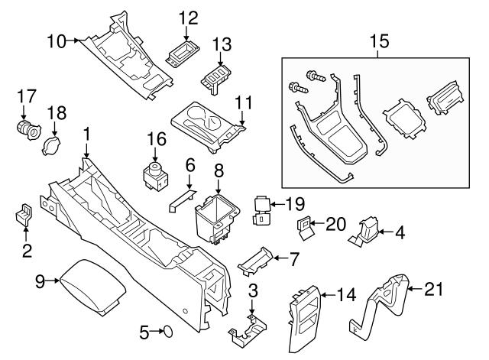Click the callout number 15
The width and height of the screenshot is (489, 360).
379,39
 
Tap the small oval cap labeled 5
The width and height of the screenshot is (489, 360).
167,332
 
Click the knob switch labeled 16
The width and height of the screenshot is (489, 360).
156,174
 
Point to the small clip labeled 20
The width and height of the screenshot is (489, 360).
304,227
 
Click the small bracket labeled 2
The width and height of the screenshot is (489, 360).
24,215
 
